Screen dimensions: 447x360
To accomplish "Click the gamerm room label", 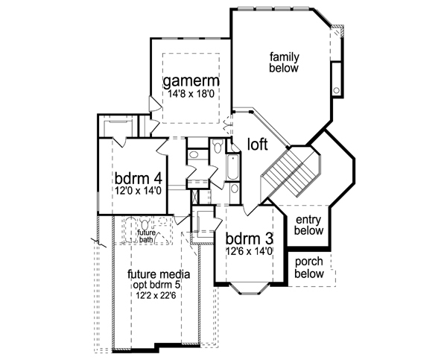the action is tap(191, 81).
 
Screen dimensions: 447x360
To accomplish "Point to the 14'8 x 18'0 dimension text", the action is tap(191, 94).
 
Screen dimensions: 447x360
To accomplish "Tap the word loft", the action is tap(258, 145).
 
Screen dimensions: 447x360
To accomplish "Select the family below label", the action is tap(285, 63).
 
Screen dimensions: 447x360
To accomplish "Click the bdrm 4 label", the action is tap(139, 179).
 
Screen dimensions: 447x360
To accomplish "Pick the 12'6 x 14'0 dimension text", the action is tap(250, 251).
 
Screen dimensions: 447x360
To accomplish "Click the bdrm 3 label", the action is tap(250, 239).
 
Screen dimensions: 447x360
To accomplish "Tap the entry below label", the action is tap(308, 225).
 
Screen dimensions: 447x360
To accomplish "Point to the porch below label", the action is tap(309, 268).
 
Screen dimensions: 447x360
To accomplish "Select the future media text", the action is tap(159, 274).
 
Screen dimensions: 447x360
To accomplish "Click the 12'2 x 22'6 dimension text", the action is tap(156, 296).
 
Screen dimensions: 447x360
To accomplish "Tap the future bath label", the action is tap(146, 236).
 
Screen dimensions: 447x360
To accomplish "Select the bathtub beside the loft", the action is tap(232, 167).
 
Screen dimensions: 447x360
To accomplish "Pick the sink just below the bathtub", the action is tap(234, 189).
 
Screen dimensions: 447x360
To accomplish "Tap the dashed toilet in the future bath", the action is tap(145, 224).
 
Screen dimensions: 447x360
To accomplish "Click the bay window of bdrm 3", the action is tap(250, 288).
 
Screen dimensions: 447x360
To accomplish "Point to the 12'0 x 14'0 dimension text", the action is tap(139, 190).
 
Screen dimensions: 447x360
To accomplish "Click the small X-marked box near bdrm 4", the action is tap(195, 197).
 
